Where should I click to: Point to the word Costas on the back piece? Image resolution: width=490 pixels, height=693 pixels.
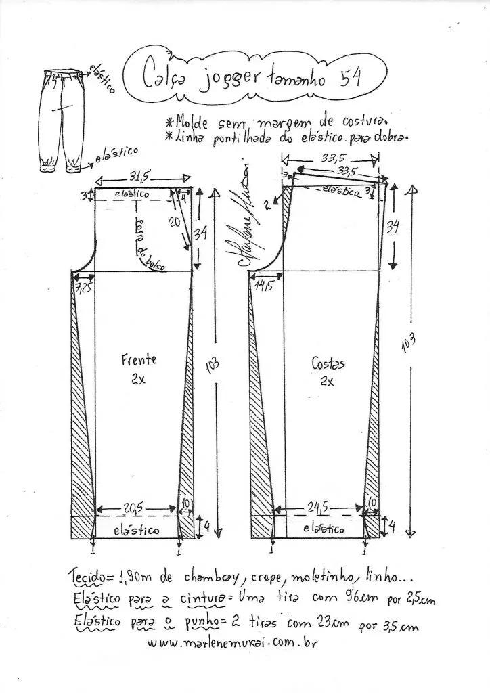pyautogui.click(x=328, y=363)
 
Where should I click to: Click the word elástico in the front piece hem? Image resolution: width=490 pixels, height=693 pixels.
pyautogui.click(x=137, y=529)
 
